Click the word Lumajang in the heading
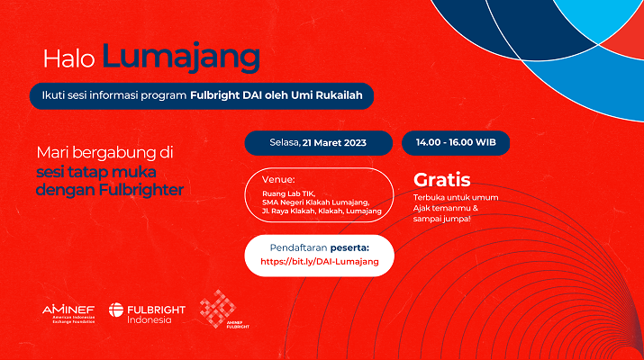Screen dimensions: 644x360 click(181, 58)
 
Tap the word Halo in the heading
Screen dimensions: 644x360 click(69, 58)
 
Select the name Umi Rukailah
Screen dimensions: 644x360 click(327, 95)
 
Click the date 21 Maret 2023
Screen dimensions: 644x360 click(334, 143)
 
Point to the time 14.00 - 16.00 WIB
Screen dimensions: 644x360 click(456, 142)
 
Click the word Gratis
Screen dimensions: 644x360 click(442, 180)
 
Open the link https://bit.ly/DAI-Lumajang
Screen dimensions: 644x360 click(320, 262)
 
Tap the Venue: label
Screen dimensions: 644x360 click(278, 179)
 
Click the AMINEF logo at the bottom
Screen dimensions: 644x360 click(68, 313)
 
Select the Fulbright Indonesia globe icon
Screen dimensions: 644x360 click(116, 310)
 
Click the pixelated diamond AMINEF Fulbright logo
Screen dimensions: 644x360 click(218, 309)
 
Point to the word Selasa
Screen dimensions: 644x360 click(285, 142)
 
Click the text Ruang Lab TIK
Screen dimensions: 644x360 click(289, 193)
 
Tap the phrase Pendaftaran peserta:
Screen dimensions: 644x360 click(320, 247)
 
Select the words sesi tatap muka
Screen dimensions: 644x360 click(96, 172)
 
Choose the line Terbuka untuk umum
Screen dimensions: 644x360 click(456, 197)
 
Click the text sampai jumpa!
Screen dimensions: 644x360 click(442, 219)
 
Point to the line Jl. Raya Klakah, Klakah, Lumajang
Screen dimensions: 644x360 click(322, 211)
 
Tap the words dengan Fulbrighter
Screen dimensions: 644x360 click(110, 190)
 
